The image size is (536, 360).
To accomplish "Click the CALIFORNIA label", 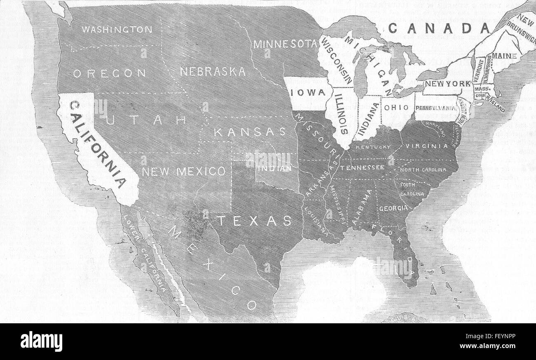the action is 98,144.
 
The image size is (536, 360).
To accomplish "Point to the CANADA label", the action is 440,28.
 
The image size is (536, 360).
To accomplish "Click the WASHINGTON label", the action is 117,30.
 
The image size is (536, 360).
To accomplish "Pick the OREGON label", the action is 110,73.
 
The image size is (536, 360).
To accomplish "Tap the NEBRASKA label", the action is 213,72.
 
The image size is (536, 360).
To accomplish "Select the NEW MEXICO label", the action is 183,172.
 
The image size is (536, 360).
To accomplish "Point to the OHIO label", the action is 397,108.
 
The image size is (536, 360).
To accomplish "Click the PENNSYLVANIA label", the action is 436,108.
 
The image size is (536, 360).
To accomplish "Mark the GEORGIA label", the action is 393,208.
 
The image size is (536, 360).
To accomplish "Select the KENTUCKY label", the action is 373,147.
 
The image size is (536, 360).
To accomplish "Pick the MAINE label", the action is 501,55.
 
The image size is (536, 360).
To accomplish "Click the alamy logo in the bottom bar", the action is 41,341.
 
